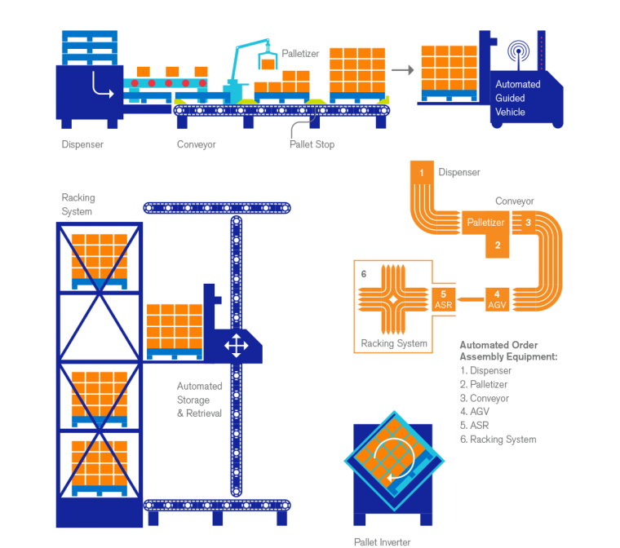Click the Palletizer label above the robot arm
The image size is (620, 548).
(x=300, y=53)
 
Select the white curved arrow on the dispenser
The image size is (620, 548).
(x=102, y=85)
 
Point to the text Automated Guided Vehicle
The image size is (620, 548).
(x=517, y=98)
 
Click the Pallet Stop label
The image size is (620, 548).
(x=312, y=144)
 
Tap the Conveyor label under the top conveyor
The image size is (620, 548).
(x=197, y=144)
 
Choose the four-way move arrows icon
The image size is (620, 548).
(x=236, y=346)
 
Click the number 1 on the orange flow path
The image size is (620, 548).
(x=422, y=173)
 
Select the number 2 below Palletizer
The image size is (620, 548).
(x=498, y=244)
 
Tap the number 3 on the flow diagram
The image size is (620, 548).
(x=528, y=221)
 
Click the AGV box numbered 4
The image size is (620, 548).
(x=497, y=299)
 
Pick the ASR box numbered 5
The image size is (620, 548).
(x=443, y=299)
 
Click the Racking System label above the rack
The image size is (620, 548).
(x=78, y=205)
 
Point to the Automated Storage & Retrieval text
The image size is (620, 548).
(x=193, y=400)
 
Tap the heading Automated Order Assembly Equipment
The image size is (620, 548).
(x=507, y=351)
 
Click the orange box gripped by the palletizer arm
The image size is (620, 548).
(x=267, y=61)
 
